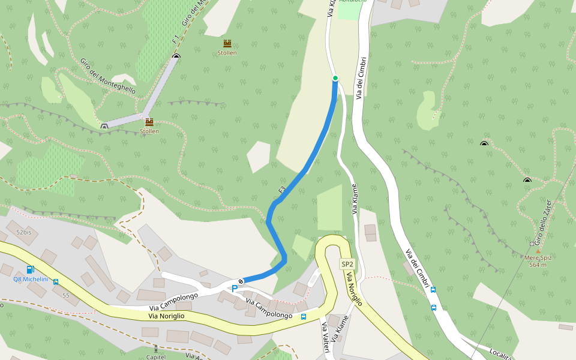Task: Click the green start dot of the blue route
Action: (x=335, y=78)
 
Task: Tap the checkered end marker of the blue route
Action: (x=241, y=281)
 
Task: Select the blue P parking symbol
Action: (x=235, y=289)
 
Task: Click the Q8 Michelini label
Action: (x=31, y=280)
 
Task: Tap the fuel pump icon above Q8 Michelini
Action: (x=31, y=270)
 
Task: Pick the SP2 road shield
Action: (x=347, y=264)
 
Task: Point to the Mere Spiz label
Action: (x=538, y=257)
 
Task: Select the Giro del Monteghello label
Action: (x=108, y=76)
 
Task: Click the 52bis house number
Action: (x=23, y=232)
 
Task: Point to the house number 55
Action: (x=65, y=295)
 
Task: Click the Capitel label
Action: (x=156, y=357)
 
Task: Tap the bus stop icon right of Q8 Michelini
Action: (x=56, y=281)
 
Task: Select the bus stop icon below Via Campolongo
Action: (x=304, y=317)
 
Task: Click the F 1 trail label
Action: (x=175, y=40)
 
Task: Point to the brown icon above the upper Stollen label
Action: (x=227, y=43)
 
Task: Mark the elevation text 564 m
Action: (x=538, y=265)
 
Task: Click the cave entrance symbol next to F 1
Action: (x=176, y=56)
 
